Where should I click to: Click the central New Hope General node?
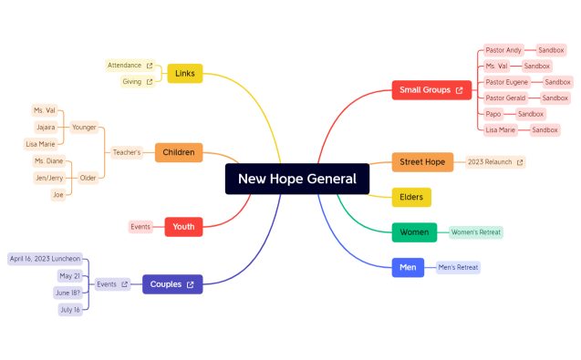(x=297, y=179)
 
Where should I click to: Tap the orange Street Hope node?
(x=422, y=162)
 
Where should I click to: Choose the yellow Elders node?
(x=411, y=197)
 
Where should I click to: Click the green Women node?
(x=414, y=232)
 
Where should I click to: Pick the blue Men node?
(x=408, y=267)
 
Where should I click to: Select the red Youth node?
(x=183, y=227)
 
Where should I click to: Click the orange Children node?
(x=179, y=152)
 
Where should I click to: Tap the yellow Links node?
(x=184, y=74)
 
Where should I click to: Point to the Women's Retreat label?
(x=476, y=232)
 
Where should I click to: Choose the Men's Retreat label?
(x=458, y=267)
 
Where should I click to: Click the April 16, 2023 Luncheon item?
(x=45, y=259)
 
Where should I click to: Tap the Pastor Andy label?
(x=503, y=50)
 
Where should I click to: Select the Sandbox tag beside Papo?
(x=531, y=114)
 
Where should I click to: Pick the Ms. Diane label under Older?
(x=49, y=160)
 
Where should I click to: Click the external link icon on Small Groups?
(x=459, y=90)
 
